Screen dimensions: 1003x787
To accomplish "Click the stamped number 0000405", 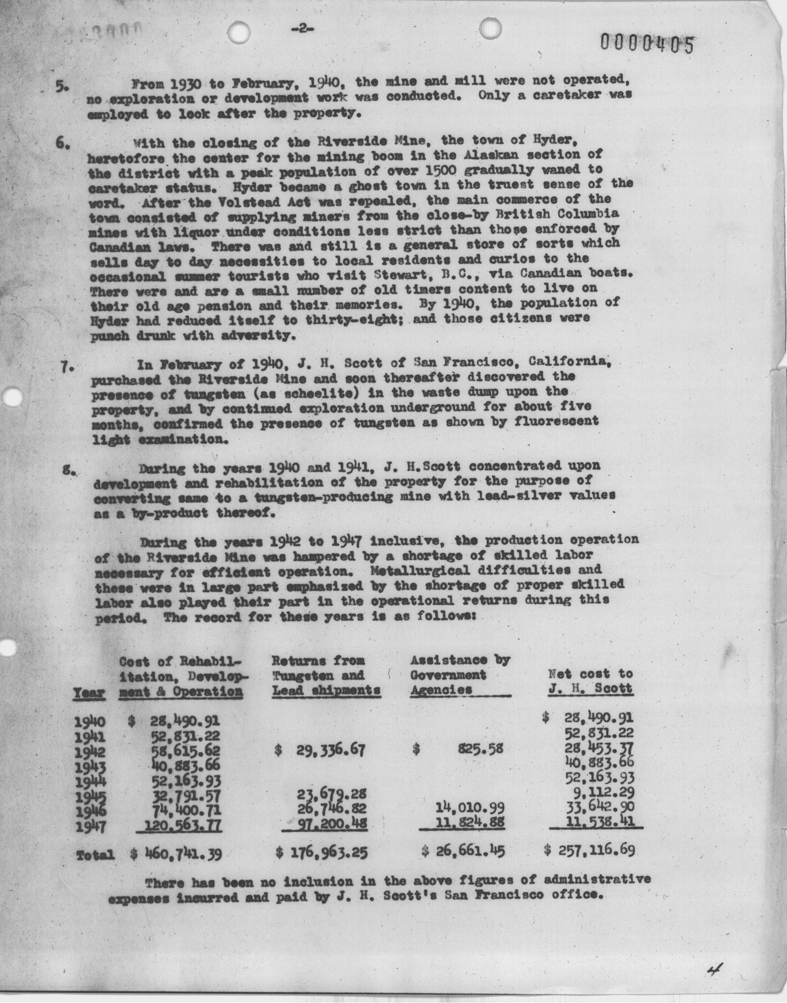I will (x=646, y=44).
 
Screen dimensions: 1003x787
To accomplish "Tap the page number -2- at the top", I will (x=302, y=29).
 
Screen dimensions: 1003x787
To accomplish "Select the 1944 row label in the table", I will (x=90, y=781).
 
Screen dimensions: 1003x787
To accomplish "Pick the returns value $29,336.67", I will (x=320, y=750).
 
